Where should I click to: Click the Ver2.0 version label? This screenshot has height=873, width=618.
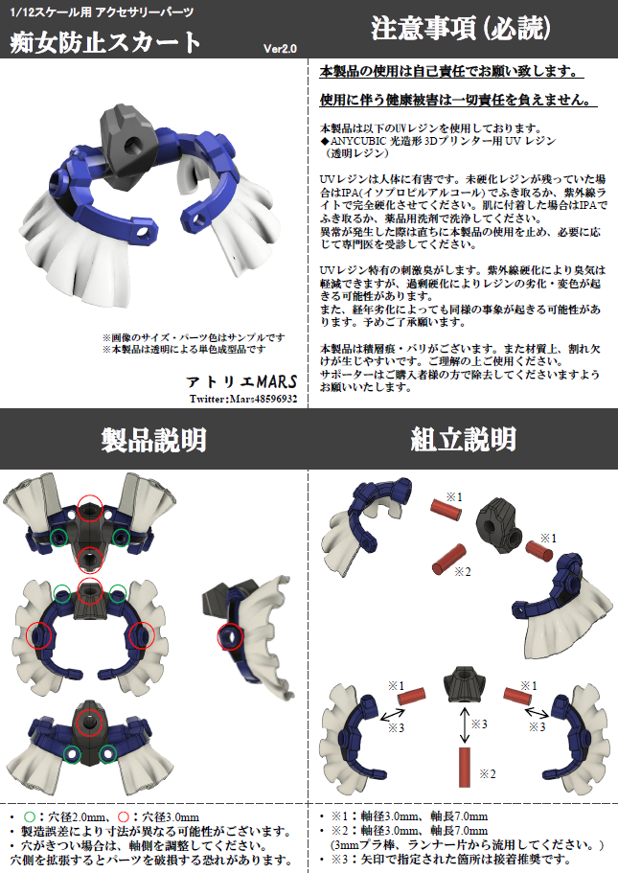[x=280, y=49]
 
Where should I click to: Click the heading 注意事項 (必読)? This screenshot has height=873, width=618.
[x=461, y=29]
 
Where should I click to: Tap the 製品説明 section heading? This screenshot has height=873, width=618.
[x=153, y=440]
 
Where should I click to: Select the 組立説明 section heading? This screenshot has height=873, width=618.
[x=463, y=439]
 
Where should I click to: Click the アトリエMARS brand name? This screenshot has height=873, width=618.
[x=241, y=381]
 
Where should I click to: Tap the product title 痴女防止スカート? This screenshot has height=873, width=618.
[x=104, y=42]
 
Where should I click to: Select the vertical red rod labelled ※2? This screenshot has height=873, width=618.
[x=465, y=768]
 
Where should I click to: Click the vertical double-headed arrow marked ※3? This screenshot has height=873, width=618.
[x=465, y=725]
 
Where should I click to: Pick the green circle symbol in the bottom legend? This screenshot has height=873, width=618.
[x=30, y=817]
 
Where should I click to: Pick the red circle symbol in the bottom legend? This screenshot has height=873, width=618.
[x=124, y=817]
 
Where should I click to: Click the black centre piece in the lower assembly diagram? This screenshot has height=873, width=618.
[x=464, y=684]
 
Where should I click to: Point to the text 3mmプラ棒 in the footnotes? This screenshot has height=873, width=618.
[x=365, y=845]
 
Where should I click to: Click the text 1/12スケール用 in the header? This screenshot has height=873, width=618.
[x=50, y=12]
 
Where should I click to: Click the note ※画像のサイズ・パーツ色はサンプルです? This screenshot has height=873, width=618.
[x=194, y=337]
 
